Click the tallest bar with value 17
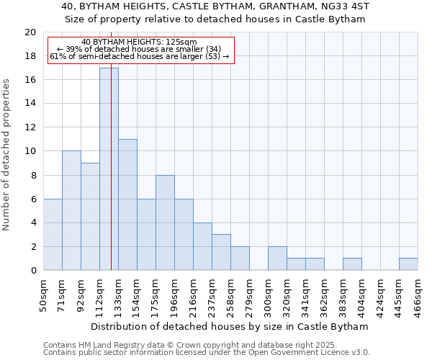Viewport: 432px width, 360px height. tap(109, 169)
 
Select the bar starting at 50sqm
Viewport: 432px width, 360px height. tap(53, 234)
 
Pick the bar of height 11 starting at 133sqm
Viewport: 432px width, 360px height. tap(127, 204)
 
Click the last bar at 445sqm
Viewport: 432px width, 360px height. tap(408, 264)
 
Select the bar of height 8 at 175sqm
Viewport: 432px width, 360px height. tap(165, 222)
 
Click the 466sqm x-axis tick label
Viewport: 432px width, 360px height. tap(418, 294)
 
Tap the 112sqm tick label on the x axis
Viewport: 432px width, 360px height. tap(99, 294)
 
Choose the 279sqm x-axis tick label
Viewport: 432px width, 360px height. tap(249, 294)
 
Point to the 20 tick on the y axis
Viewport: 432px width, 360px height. tap(30, 32)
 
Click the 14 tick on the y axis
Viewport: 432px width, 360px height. tap(30, 104)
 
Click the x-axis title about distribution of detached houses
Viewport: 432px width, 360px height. tap(230, 326)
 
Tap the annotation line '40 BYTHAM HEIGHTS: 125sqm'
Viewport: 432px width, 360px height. tap(139, 42)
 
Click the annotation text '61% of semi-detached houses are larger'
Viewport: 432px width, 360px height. tap(139, 56)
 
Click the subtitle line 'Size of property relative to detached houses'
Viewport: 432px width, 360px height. tap(215, 19)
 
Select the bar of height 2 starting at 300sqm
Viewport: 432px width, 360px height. tap(277, 258)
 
